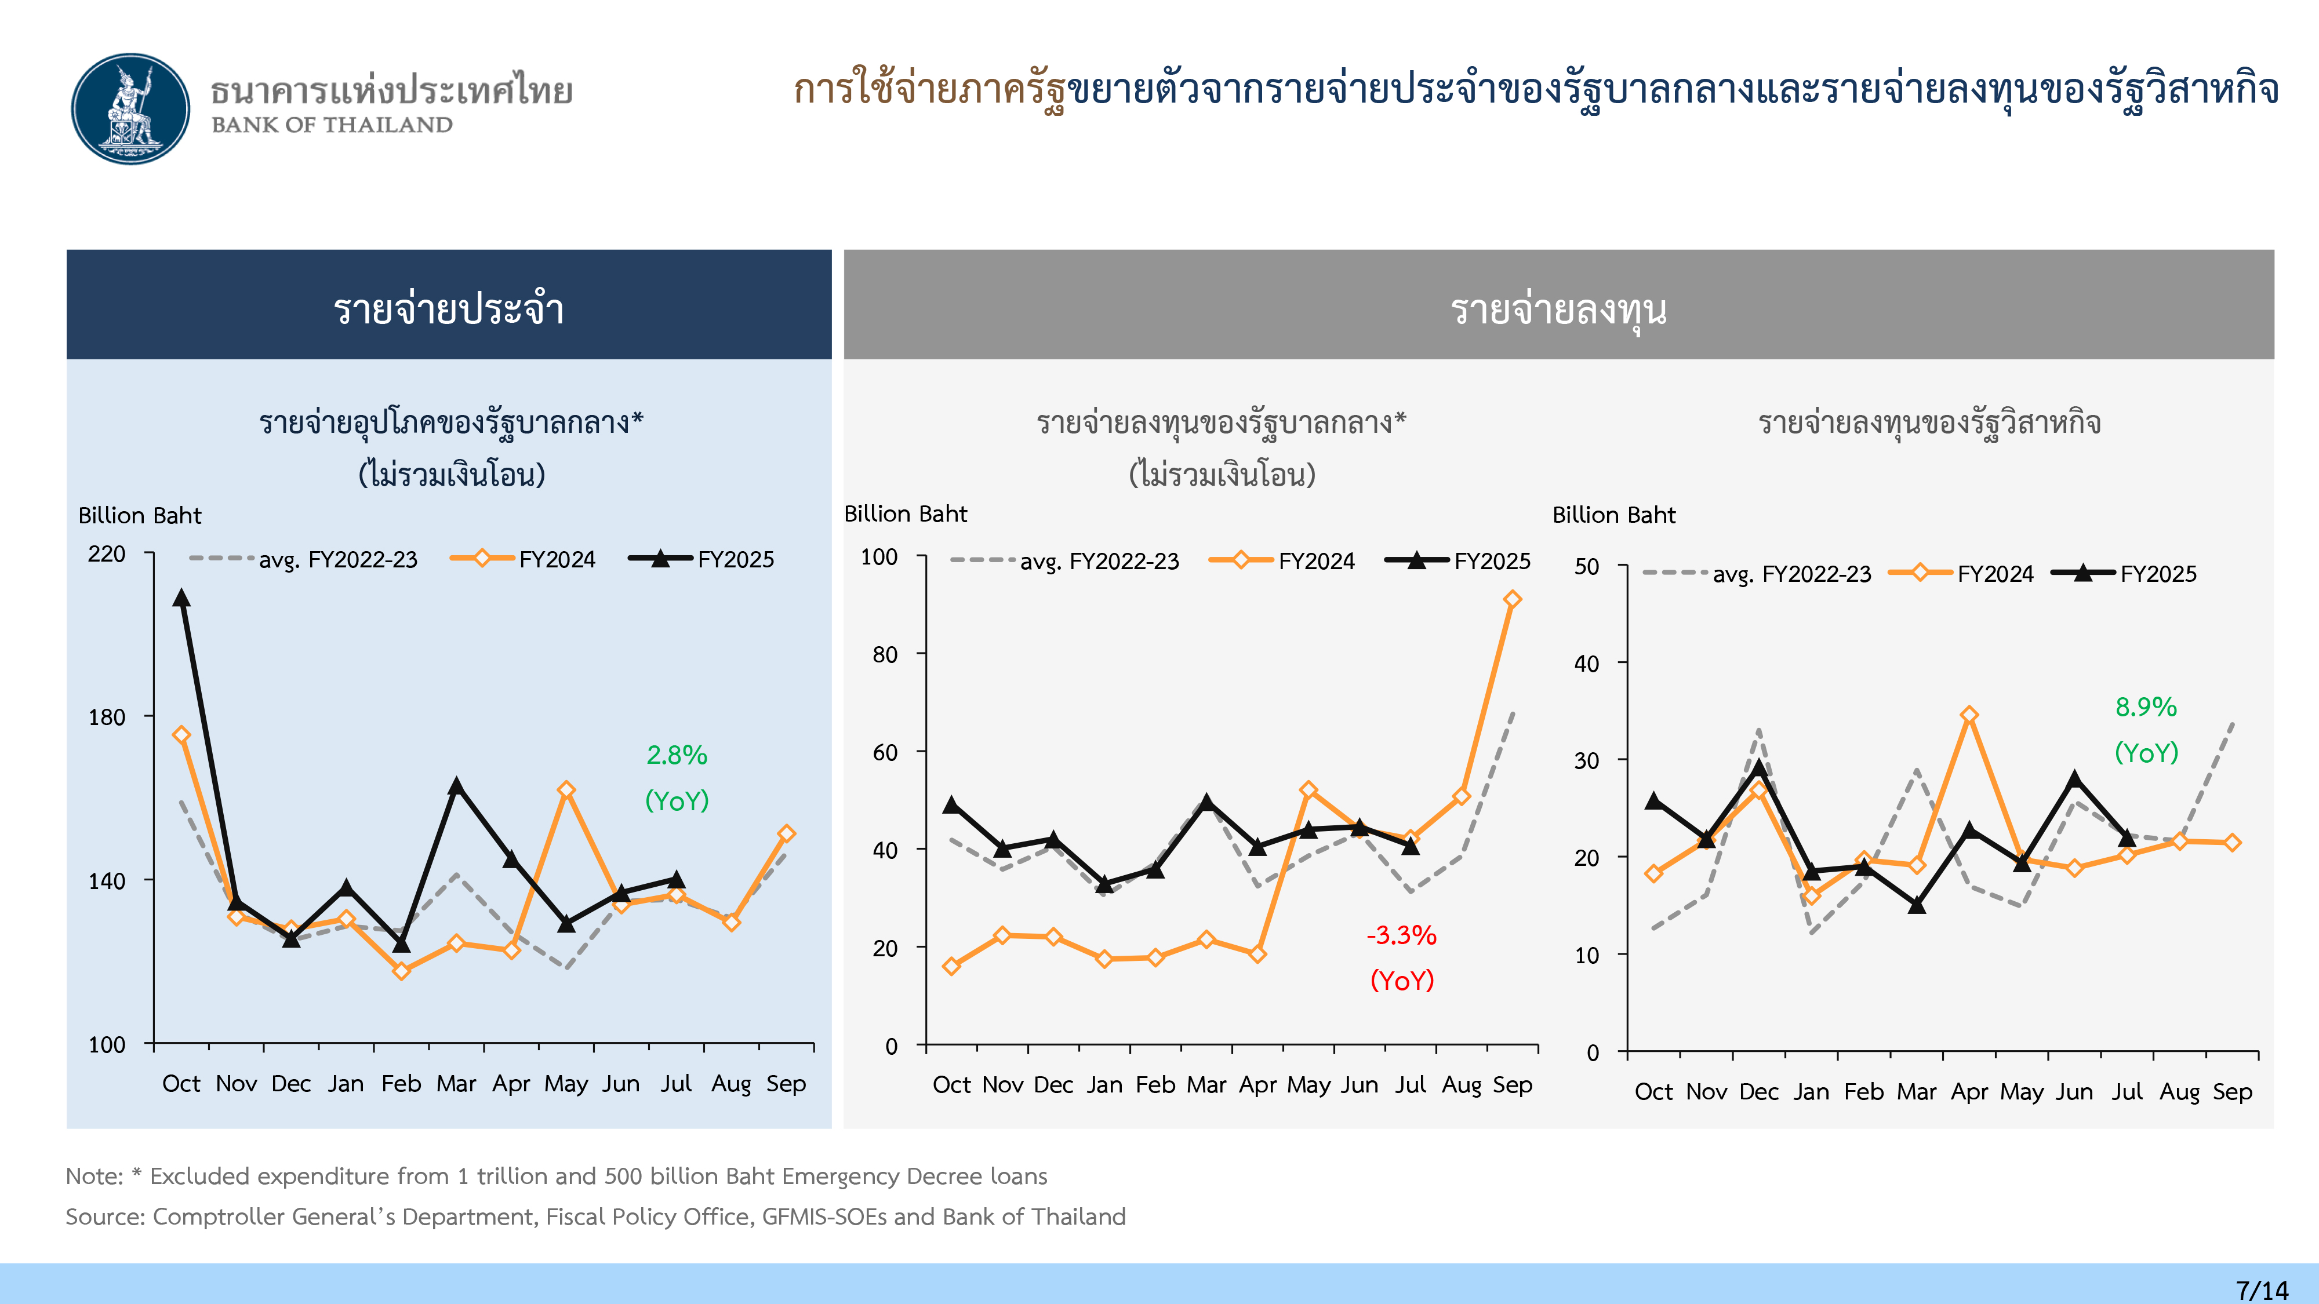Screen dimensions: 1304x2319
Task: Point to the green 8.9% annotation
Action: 2145,707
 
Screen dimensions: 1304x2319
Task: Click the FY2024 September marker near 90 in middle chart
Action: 1511,599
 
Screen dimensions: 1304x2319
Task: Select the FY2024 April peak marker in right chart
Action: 1969,715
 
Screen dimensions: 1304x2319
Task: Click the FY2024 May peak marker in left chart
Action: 565,790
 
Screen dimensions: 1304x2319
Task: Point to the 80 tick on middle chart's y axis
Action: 884,655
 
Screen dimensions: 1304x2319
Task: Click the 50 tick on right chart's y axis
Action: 1586,567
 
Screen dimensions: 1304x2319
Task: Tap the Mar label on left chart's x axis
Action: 456,1084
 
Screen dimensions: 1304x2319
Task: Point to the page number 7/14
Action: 2262,1290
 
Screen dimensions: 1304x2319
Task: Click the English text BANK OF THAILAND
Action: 332,125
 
